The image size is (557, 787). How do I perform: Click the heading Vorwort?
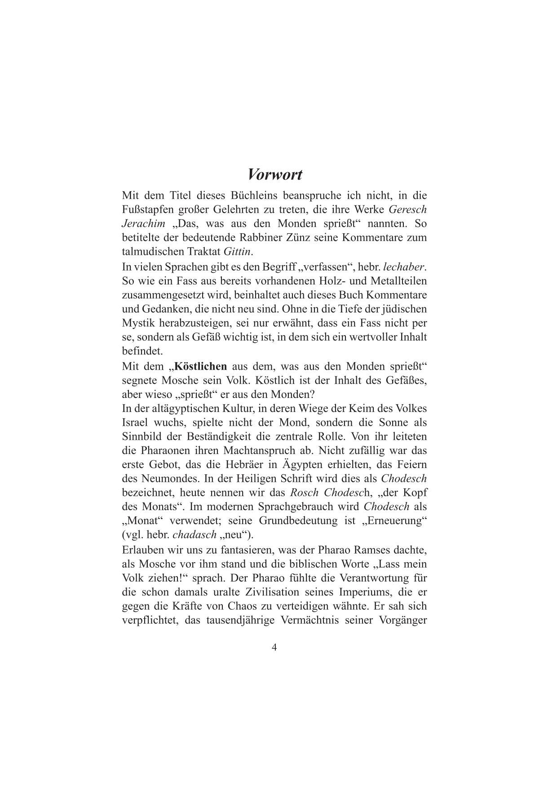click(275, 174)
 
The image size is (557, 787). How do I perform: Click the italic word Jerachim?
click(144, 223)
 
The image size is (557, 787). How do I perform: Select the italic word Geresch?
click(407, 210)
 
